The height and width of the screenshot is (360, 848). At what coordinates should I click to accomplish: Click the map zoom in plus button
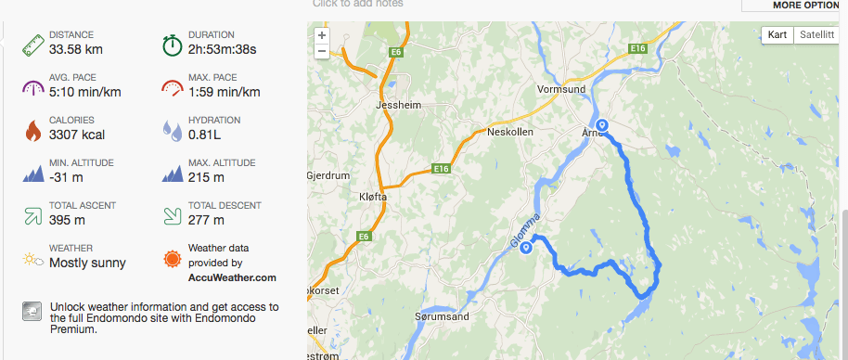pyautogui.click(x=321, y=35)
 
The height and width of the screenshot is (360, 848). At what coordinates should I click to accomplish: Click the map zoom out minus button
pyautogui.click(x=321, y=51)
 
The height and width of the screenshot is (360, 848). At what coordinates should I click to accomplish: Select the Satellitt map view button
pyautogui.click(x=816, y=35)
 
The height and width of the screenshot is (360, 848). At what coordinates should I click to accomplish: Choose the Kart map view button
pyautogui.click(x=777, y=35)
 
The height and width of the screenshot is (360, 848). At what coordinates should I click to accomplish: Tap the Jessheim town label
pyautogui.click(x=397, y=106)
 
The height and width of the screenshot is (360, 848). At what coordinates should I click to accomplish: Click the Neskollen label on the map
pyautogui.click(x=508, y=133)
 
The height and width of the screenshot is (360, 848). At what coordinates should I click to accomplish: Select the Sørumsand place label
pyautogui.click(x=441, y=316)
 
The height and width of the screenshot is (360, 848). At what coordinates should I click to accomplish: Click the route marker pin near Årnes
pyautogui.click(x=601, y=126)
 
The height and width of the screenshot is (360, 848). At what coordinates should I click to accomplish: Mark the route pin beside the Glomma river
pyautogui.click(x=526, y=248)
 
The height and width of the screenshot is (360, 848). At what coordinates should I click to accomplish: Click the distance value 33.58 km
pyautogui.click(x=76, y=49)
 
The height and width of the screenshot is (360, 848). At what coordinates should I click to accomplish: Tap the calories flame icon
pyautogui.click(x=33, y=130)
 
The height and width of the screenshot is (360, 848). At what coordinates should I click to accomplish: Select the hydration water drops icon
pyautogui.click(x=173, y=130)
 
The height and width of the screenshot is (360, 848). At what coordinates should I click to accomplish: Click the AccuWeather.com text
pyautogui.click(x=232, y=277)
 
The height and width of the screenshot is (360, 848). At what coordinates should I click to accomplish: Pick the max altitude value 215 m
pyautogui.click(x=206, y=177)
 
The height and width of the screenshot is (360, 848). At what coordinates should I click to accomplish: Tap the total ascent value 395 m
pyautogui.click(x=68, y=220)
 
